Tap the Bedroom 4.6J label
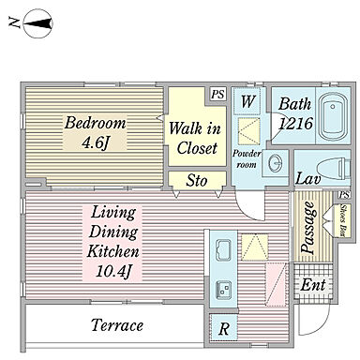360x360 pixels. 95,132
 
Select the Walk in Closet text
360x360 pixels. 196,138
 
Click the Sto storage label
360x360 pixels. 197,181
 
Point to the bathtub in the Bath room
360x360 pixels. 334,115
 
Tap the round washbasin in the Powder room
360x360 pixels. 276,162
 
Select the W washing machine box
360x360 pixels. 247,101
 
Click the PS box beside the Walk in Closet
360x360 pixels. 217,94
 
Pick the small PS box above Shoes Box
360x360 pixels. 344,195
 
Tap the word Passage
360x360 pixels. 308,227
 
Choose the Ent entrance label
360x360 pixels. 313,285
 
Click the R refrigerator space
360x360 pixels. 224,328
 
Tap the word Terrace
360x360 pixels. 117,325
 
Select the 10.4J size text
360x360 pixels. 112,271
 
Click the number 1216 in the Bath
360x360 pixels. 295,123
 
